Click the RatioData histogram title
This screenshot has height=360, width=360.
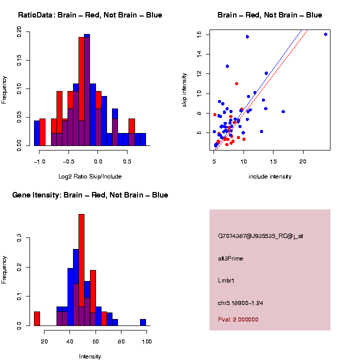90,15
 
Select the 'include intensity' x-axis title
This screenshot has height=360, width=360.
270,176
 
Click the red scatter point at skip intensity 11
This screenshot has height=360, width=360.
236,83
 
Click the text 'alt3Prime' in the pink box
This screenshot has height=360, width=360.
230,258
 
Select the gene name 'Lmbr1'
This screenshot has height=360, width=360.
226,280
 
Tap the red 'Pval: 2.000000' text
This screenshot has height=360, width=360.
238,319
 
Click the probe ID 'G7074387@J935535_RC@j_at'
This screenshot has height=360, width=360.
260,236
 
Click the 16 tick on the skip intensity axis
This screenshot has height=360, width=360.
199,34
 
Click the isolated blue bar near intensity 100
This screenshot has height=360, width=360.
143,322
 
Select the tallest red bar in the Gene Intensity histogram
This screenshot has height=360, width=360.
81,270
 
